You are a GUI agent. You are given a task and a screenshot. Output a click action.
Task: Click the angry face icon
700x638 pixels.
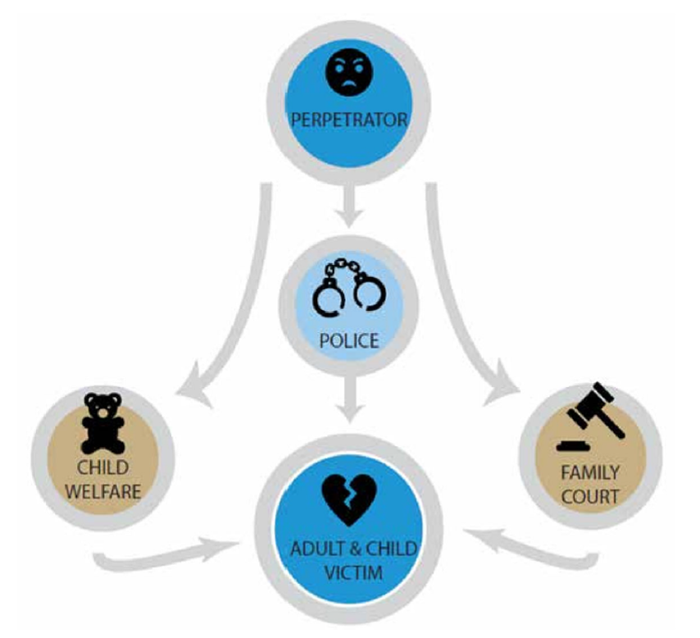click(348, 75)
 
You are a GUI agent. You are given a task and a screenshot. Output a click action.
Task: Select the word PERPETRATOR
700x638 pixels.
click(349, 120)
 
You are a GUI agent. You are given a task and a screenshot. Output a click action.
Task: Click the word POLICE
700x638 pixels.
click(349, 340)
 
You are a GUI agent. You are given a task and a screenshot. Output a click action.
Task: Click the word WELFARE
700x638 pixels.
click(103, 491)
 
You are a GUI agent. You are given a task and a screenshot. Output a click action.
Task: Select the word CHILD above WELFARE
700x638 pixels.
click(103, 468)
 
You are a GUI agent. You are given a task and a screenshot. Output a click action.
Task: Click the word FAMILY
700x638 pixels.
click(590, 473)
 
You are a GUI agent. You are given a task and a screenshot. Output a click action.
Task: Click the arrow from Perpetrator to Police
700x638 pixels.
click(349, 208)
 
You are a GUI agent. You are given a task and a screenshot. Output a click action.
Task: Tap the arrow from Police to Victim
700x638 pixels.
click(349, 394)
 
